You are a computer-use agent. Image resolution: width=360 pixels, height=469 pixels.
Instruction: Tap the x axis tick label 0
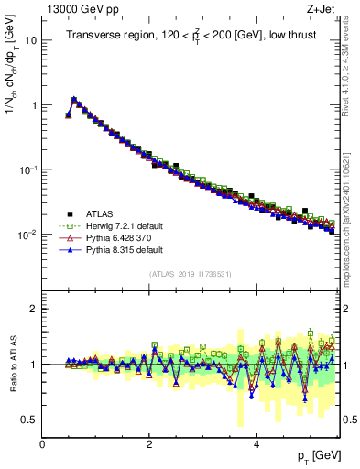click(x=42, y=444)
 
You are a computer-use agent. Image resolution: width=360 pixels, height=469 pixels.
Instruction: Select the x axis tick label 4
click(x=256, y=444)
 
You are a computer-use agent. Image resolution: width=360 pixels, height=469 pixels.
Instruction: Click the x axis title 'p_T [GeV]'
click(x=313, y=456)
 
